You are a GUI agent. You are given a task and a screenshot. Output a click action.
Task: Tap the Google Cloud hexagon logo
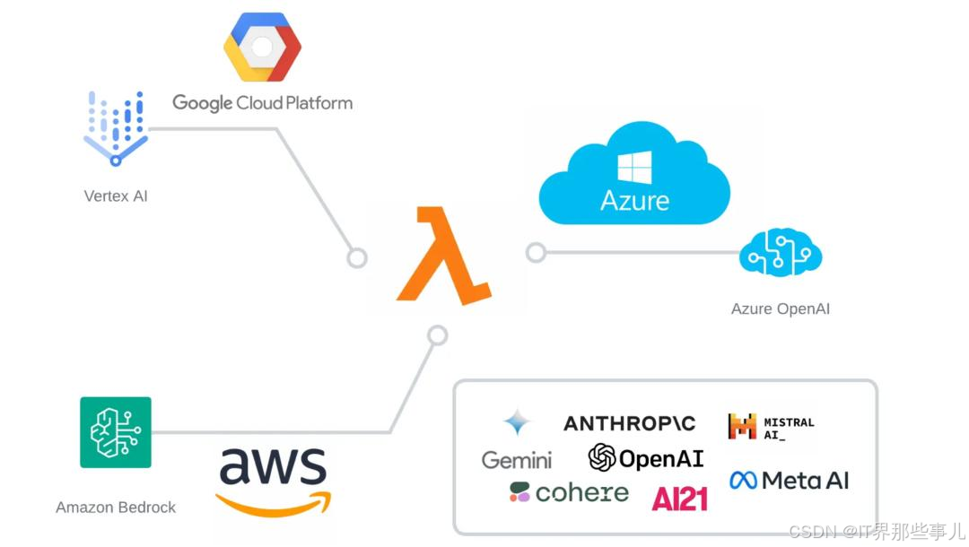tap(262, 48)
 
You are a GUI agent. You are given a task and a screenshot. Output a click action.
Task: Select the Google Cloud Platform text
tap(262, 103)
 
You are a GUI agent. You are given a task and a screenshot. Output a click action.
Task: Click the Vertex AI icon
tap(116, 128)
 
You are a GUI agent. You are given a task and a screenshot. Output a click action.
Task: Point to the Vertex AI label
tap(116, 195)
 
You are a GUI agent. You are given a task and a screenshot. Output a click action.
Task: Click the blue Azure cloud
tap(634, 175)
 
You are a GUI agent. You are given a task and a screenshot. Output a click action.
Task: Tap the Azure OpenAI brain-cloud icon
tap(780, 255)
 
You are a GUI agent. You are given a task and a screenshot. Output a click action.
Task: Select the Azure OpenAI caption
tap(780, 308)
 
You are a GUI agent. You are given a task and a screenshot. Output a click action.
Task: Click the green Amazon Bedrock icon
tap(116, 432)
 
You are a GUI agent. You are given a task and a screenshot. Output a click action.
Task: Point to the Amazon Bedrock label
tap(116, 508)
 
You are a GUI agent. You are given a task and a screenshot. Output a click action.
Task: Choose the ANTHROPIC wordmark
tap(629, 423)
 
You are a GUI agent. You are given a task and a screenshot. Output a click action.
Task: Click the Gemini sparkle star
tap(517, 422)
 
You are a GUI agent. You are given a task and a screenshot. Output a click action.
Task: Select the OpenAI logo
tap(646, 458)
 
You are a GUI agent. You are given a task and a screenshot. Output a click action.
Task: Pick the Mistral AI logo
tap(771, 427)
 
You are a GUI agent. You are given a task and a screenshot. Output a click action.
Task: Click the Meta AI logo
tap(789, 481)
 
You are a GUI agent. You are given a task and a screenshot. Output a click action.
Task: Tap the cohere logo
tap(569, 492)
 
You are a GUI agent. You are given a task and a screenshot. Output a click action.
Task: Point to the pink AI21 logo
tap(679, 498)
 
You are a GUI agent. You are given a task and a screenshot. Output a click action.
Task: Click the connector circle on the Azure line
tap(536, 253)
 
